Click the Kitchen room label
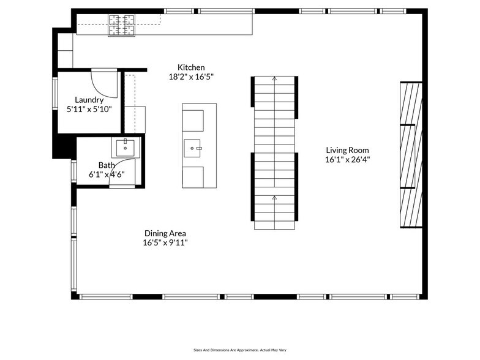click(191, 67)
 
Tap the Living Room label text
click(347, 150)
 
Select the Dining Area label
click(165, 233)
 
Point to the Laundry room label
click(89, 100)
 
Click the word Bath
click(107, 165)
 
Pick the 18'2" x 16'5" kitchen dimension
click(191, 77)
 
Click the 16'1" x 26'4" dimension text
click(347, 160)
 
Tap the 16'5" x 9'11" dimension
click(165, 242)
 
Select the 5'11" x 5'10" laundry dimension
click(89, 110)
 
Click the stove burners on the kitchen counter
click(122, 25)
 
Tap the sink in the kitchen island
click(195, 148)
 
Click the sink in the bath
click(126, 147)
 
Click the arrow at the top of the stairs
click(274, 79)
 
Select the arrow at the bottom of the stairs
click(274, 198)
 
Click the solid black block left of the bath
click(63, 147)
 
